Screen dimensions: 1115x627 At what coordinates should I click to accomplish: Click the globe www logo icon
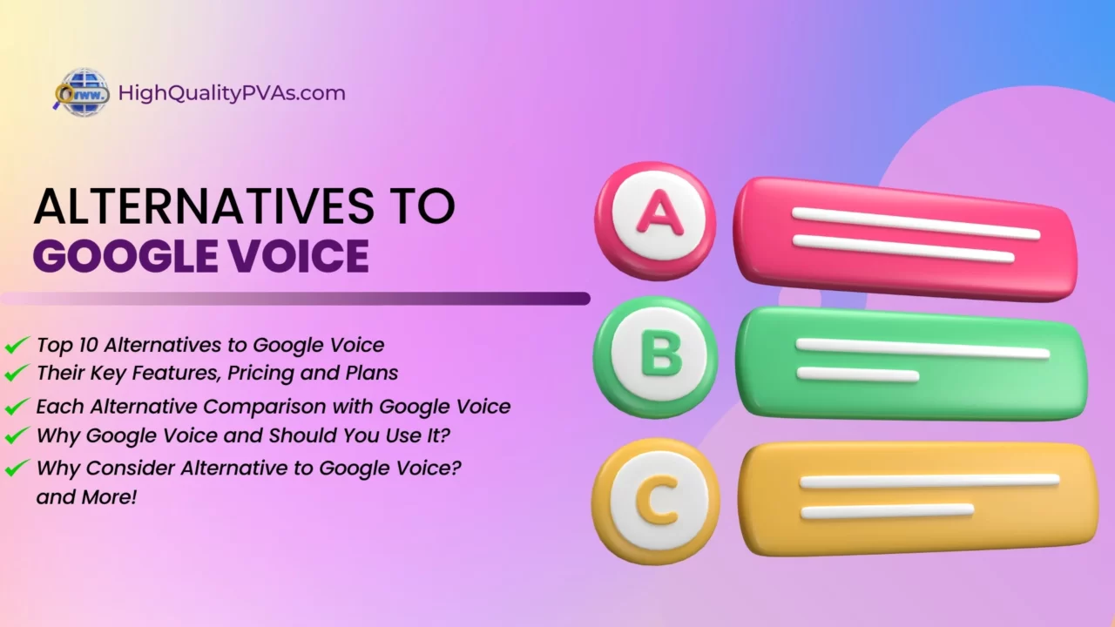pyautogui.click(x=82, y=93)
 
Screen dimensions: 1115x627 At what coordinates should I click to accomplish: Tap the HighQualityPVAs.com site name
pyautogui.click(x=232, y=93)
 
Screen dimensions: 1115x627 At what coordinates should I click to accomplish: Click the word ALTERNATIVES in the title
pyautogui.click(x=204, y=206)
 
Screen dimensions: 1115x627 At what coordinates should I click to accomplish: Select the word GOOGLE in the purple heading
pyautogui.click(x=125, y=256)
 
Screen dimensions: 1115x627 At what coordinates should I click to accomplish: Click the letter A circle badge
pyautogui.click(x=656, y=220)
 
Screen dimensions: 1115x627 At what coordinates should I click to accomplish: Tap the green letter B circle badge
pyautogui.click(x=656, y=357)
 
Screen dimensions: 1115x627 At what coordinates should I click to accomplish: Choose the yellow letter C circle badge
pyautogui.click(x=656, y=501)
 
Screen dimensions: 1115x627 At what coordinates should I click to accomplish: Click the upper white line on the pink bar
pyautogui.click(x=916, y=224)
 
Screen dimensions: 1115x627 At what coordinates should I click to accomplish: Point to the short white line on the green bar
pyautogui.click(x=858, y=374)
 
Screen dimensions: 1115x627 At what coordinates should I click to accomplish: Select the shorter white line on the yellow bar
pyautogui.click(x=887, y=511)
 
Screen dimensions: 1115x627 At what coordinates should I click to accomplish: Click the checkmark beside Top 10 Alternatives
pyautogui.click(x=17, y=344)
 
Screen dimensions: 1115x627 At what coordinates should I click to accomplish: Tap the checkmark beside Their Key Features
pyautogui.click(x=17, y=372)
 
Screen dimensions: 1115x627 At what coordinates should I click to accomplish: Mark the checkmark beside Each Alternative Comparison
pyautogui.click(x=17, y=406)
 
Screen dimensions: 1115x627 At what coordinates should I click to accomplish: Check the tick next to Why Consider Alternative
pyautogui.click(x=17, y=468)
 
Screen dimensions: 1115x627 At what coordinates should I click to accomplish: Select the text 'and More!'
pyautogui.click(x=86, y=497)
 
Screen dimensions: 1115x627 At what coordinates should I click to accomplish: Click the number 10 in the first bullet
pyautogui.click(x=88, y=345)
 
